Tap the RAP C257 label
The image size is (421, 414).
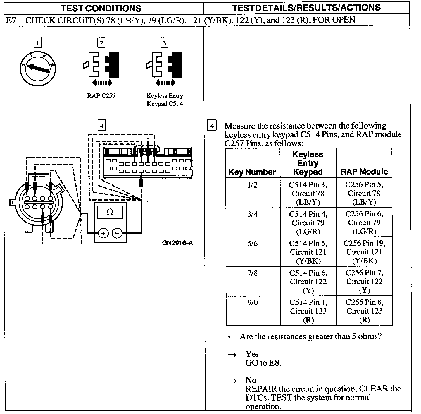tap(101, 96)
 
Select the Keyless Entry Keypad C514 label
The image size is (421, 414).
tap(165, 100)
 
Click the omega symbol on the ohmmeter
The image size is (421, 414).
tap(110, 212)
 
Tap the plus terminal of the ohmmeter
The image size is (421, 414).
tap(103, 233)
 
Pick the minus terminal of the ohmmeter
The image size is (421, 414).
tap(117, 233)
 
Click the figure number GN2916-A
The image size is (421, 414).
tap(177, 243)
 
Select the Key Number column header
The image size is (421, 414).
tap(252, 172)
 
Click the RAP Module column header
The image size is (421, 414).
tap(364, 172)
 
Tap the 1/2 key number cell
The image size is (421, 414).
tap(252, 185)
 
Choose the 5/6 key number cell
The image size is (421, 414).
tap(252, 244)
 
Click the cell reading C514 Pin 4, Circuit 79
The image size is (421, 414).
tap(308, 223)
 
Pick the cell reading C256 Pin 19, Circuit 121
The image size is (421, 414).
tap(364, 252)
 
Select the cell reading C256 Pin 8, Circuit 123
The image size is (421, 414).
tap(364, 311)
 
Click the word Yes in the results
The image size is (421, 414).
tap(252, 354)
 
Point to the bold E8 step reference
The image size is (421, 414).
tap(275, 363)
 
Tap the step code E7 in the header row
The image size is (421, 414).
tap(11, 20)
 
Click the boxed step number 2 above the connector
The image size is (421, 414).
tap(101, 43)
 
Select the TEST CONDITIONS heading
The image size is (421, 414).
tap(101, 8)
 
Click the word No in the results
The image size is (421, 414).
tap(251, 380)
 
